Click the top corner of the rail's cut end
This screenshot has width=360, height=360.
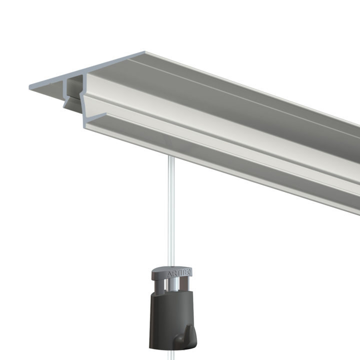(x=146, y=51)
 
